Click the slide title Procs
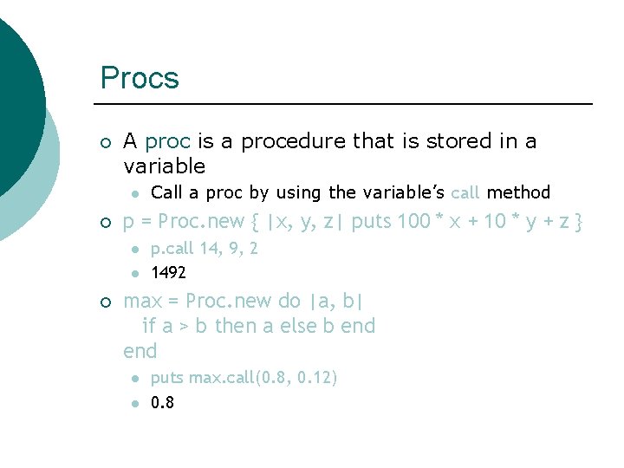pos(140,78)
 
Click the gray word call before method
pos(465,192)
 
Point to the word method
pos(518,192)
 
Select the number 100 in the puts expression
pos(414,222)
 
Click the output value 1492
pos(168,273)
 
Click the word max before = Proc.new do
pos(143,302)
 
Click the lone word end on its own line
pos(140,351)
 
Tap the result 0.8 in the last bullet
pos(162,402)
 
